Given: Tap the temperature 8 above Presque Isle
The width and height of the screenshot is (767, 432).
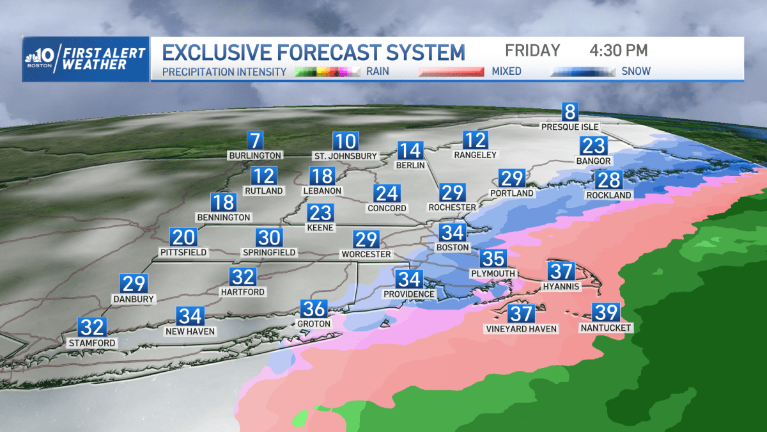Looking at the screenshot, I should click(x=569, y=112).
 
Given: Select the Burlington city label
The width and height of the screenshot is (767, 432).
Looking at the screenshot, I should click(x=255, y=156).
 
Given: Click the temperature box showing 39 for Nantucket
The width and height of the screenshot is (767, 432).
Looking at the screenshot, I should click(x=605, y=312).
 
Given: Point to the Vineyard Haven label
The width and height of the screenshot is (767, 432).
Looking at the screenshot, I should click(x=520, y=329).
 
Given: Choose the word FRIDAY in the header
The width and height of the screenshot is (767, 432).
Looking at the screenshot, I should click(x=532, y=51).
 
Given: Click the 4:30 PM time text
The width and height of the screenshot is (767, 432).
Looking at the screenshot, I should click(x=618, y=51).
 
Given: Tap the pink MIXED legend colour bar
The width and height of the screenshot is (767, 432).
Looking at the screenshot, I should click(x=450, y=72).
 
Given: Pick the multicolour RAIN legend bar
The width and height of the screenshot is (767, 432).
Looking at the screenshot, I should click(x=328, y=72).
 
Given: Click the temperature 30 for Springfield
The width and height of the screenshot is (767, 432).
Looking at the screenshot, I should click(x=269, y=237).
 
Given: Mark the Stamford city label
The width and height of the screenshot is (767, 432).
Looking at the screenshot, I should click(x=93, y=343).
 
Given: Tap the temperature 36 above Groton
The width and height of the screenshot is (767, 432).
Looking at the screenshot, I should click(x=314, y=309).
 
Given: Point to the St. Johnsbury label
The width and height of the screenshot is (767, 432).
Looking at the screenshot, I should click(x=345, y=156).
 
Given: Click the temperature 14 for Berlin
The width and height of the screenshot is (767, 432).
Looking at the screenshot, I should click(x=410, y=150).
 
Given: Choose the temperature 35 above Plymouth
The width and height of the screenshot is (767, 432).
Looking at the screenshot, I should click(x=493, y=259).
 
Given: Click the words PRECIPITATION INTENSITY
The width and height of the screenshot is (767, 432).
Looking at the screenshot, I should click(x=224, y=72).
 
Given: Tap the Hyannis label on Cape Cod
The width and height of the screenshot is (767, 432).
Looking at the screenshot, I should click(x=561, y=286).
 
